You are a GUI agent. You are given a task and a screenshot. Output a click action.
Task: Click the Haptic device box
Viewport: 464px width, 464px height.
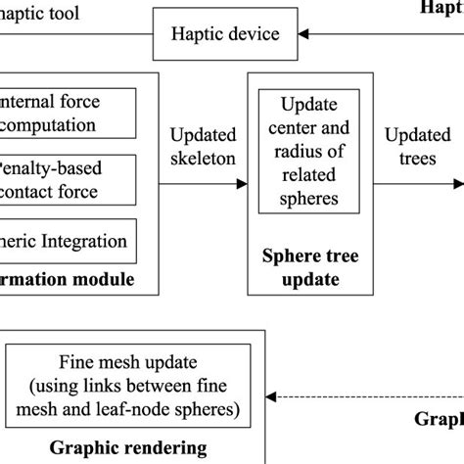(x=227, y=35)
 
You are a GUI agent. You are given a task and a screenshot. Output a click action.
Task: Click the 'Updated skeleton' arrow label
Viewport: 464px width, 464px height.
(x=204, y=146)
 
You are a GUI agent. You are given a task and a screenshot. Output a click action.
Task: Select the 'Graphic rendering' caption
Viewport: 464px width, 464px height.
(x=129, y=448)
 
